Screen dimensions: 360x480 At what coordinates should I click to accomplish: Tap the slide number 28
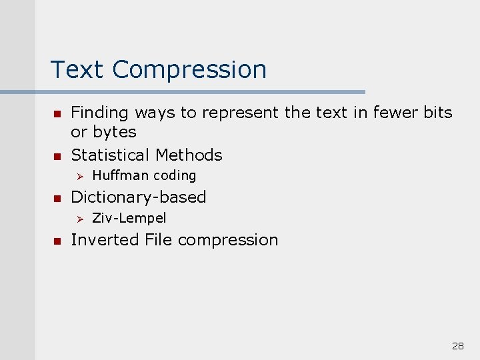click(x=457, y=346)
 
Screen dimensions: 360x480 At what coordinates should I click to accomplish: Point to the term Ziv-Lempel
click(x=129, y=218)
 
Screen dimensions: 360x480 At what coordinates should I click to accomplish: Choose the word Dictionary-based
click(x=138, y=197)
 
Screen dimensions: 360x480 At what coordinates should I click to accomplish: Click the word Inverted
click(x=105, y=240)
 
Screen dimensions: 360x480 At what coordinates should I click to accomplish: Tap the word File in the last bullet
click(x=159, y=240)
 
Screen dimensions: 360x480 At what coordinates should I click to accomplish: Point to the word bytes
click(x=114, y=133)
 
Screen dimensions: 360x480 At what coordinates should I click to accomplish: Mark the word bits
click(x=437, y=113)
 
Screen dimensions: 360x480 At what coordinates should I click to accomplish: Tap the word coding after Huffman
click(x=175, y=176)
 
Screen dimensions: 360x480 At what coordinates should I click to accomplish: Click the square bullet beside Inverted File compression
click(x=57, y=241)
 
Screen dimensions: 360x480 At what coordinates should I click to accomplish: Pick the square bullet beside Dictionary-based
click(x=57, y=198)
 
